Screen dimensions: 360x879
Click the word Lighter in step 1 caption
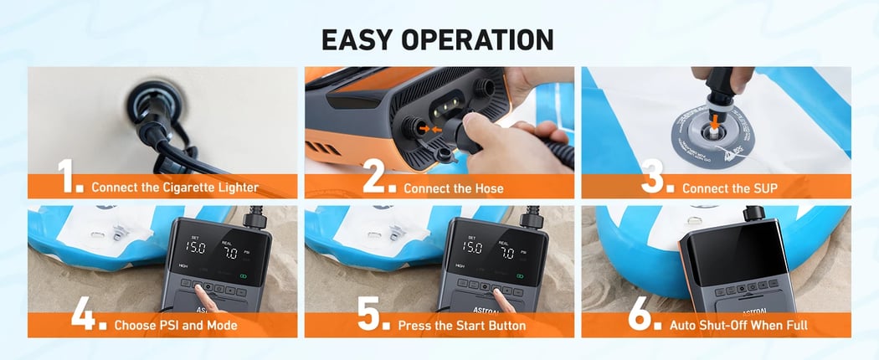click(x=237, y=188)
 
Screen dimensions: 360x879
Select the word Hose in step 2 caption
click(x=489, y=188)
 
